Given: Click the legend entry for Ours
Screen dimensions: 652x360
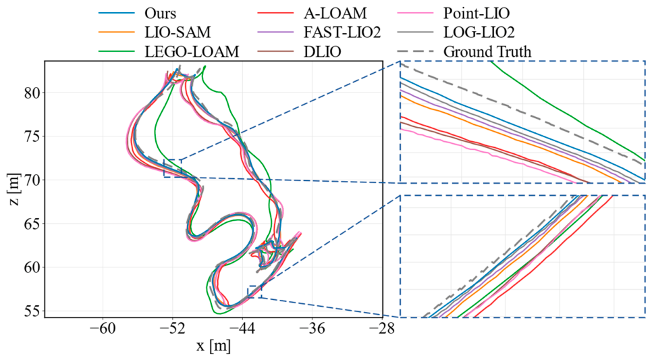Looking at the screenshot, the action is [160, 14].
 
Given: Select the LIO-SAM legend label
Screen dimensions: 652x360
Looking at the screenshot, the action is [178, 32].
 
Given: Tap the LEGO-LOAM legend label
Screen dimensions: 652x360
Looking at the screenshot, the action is [192, 51].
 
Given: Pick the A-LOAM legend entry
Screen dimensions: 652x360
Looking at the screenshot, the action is [335, 14].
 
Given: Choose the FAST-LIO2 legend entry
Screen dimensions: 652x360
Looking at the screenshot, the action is [342, 32].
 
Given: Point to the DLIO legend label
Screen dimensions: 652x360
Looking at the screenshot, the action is [322, 51].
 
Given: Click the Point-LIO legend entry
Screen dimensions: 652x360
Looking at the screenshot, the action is [476, 14].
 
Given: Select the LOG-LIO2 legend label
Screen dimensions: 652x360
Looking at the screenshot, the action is [479, 32].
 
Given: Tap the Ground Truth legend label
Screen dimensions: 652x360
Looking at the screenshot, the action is [487, 51].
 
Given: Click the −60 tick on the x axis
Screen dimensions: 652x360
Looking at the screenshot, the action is [103, 329].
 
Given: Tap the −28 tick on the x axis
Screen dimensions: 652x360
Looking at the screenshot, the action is [382, 329].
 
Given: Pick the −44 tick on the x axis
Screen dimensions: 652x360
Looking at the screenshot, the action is [242, 329].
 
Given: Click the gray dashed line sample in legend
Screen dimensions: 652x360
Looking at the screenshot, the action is [415, 51].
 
